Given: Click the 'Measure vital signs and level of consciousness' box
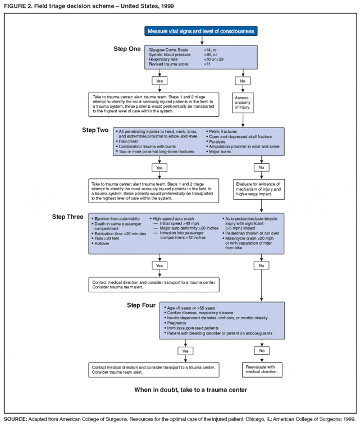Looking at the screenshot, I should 201,31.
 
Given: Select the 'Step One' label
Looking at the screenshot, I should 127,49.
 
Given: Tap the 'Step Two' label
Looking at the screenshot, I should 95,130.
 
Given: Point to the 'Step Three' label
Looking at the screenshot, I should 68,217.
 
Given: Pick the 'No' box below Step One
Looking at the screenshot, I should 243,81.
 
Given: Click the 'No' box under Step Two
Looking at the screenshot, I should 261,168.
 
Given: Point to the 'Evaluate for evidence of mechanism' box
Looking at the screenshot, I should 261,189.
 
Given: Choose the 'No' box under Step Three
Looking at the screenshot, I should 261,265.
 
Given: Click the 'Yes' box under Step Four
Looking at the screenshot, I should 185,351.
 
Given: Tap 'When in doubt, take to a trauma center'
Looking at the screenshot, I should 190,389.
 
